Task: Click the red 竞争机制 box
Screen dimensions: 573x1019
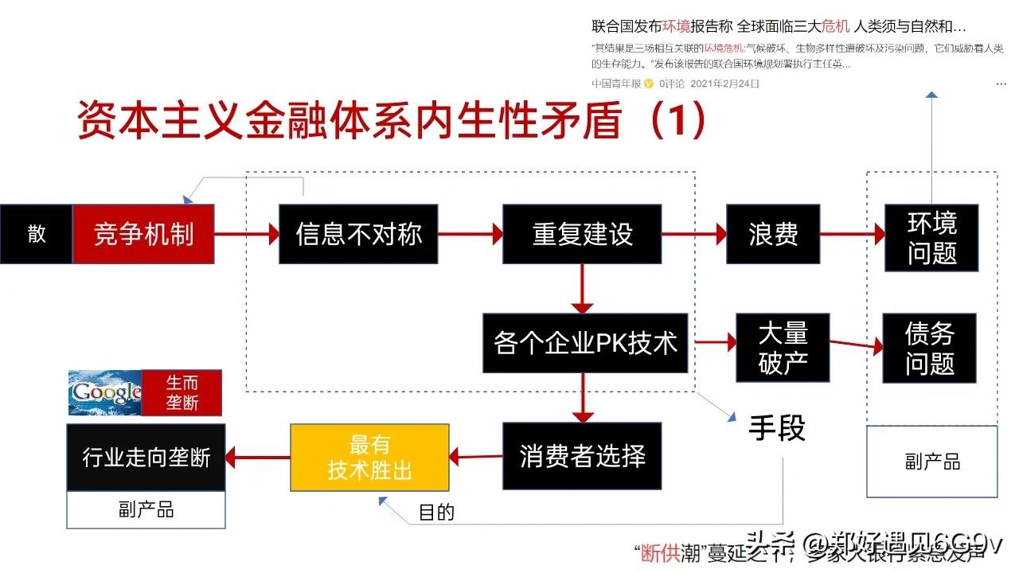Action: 144,234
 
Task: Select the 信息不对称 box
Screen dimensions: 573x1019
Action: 358,234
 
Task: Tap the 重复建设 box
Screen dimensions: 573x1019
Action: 582,234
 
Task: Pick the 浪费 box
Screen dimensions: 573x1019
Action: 772,234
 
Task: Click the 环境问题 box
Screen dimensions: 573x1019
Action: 931,238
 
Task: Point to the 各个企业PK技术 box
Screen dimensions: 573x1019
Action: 585,343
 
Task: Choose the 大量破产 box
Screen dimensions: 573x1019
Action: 783,348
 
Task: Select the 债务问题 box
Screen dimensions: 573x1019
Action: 929,348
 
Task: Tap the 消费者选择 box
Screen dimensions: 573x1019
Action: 582,456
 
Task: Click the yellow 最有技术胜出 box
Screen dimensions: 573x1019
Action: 369,457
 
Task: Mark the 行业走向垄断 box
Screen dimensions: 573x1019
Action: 146,458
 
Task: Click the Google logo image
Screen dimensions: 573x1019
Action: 104,392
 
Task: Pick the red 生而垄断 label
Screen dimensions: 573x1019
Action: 182,392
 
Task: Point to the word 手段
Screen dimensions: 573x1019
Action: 777,428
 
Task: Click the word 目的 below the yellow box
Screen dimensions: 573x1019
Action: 436,512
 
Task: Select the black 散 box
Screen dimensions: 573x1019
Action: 37,234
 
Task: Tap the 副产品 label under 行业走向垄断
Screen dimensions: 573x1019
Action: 146,509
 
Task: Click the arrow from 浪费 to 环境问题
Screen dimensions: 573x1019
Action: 852,234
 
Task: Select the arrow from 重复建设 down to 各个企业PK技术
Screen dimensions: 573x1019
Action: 583,288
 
